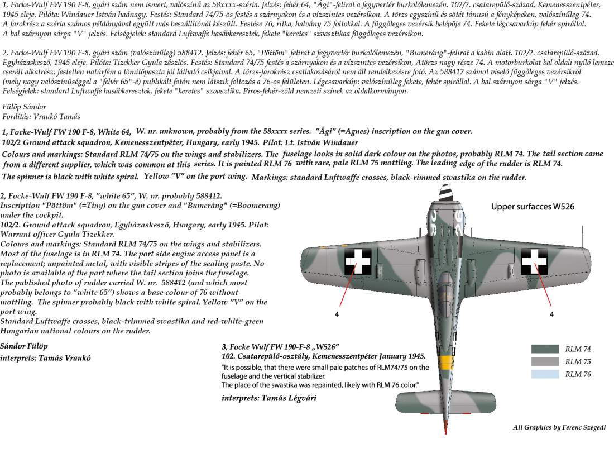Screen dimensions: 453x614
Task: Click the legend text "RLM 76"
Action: coord(578,374)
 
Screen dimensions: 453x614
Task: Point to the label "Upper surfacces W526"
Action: coord(533,207)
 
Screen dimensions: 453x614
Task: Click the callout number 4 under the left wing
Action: coord(337,314)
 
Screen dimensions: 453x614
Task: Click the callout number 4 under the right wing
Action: coord(551,314)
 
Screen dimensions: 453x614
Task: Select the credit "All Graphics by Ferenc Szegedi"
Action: coord(559,427)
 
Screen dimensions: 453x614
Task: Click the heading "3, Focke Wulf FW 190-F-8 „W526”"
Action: coord(281,347)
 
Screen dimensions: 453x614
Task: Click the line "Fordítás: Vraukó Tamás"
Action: coord(41,116)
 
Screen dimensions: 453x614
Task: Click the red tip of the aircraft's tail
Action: coord(445,432)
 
